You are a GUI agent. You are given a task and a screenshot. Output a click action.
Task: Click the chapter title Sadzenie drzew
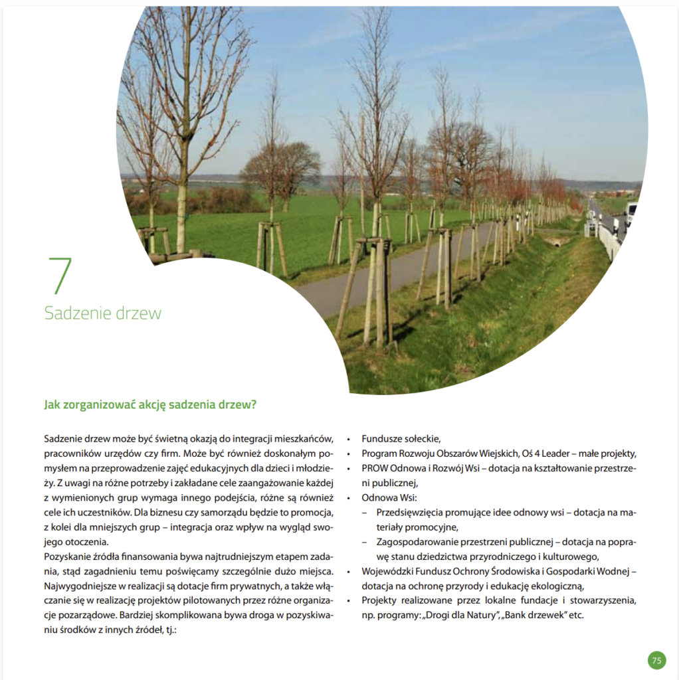[x=102, y=313]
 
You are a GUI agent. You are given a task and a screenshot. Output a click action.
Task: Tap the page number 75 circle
[x=656, y=660]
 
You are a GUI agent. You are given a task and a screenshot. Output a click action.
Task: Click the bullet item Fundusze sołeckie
[x=401, y=438]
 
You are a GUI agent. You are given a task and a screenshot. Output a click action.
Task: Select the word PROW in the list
[x=375, y=468]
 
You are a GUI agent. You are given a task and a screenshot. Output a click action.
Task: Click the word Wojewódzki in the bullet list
[x=388, y=570]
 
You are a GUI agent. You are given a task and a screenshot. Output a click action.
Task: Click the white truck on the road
[x=630, y=213]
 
